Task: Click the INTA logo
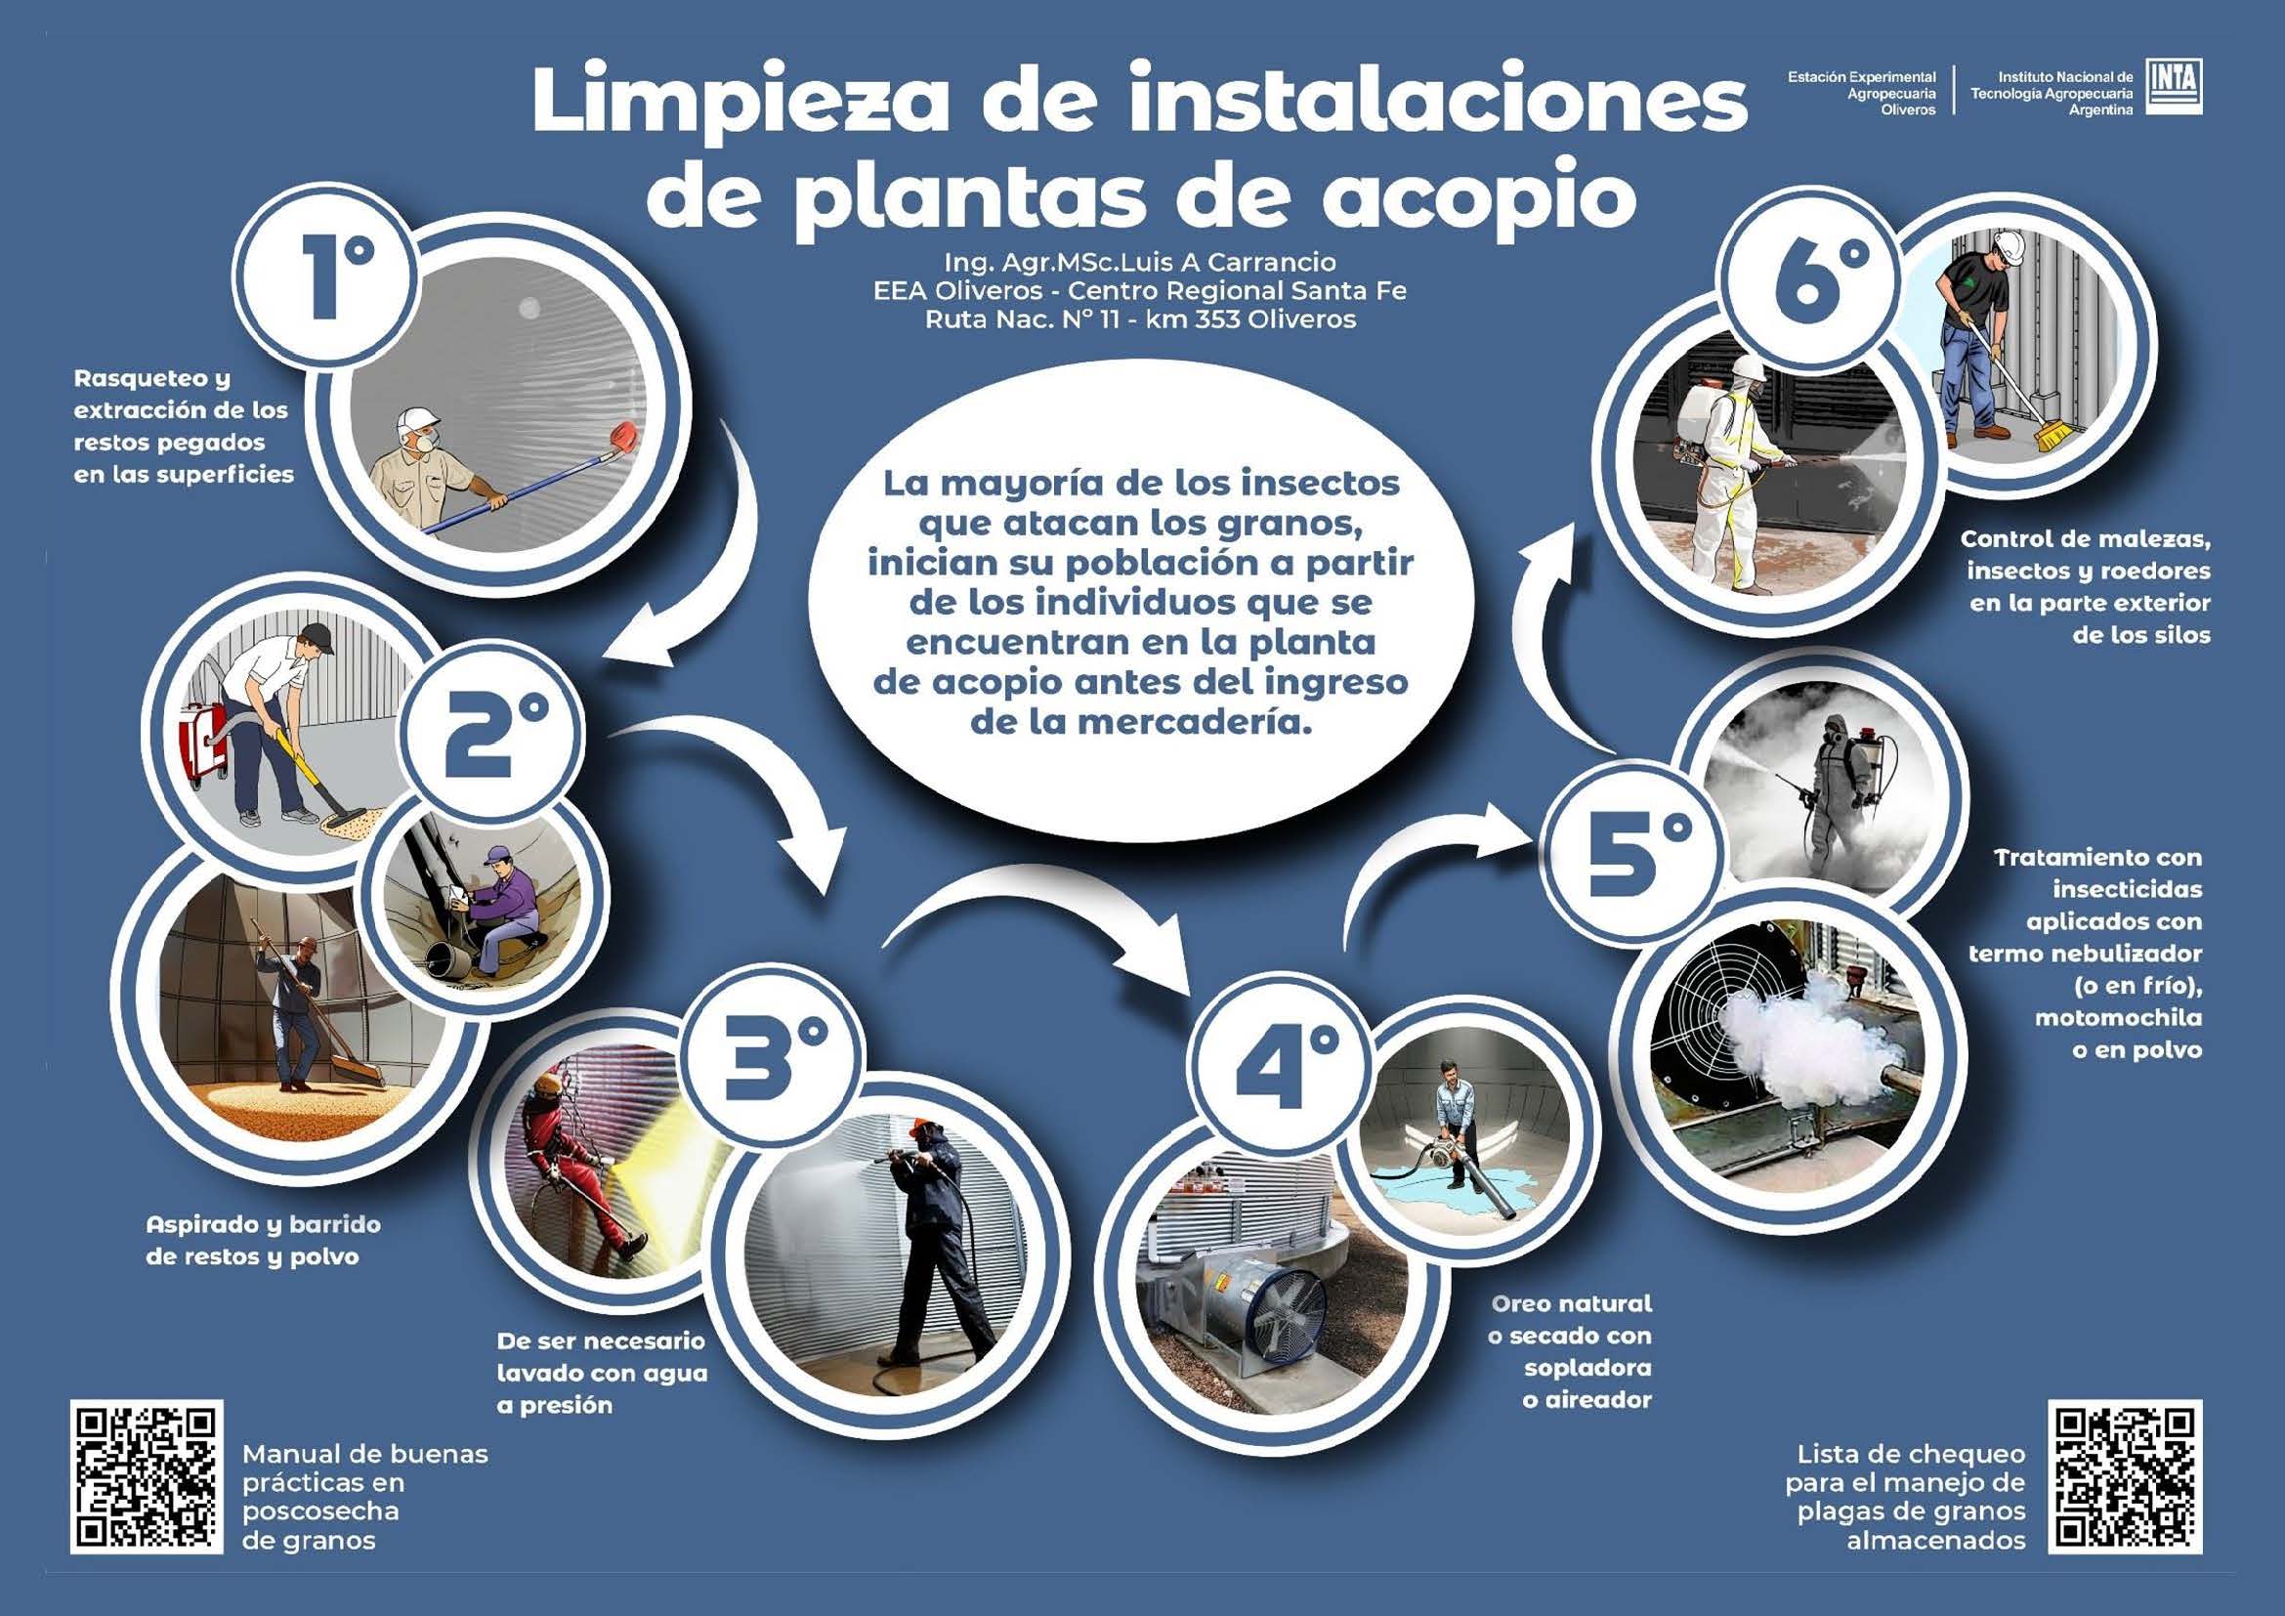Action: click(2173, 87)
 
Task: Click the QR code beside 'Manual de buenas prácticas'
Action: click(147, 1477)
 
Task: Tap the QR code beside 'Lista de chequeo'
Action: click(2125, 1477)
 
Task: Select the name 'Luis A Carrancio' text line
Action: click(1139, 263)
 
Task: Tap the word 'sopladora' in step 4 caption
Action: click(1587, 1367)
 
